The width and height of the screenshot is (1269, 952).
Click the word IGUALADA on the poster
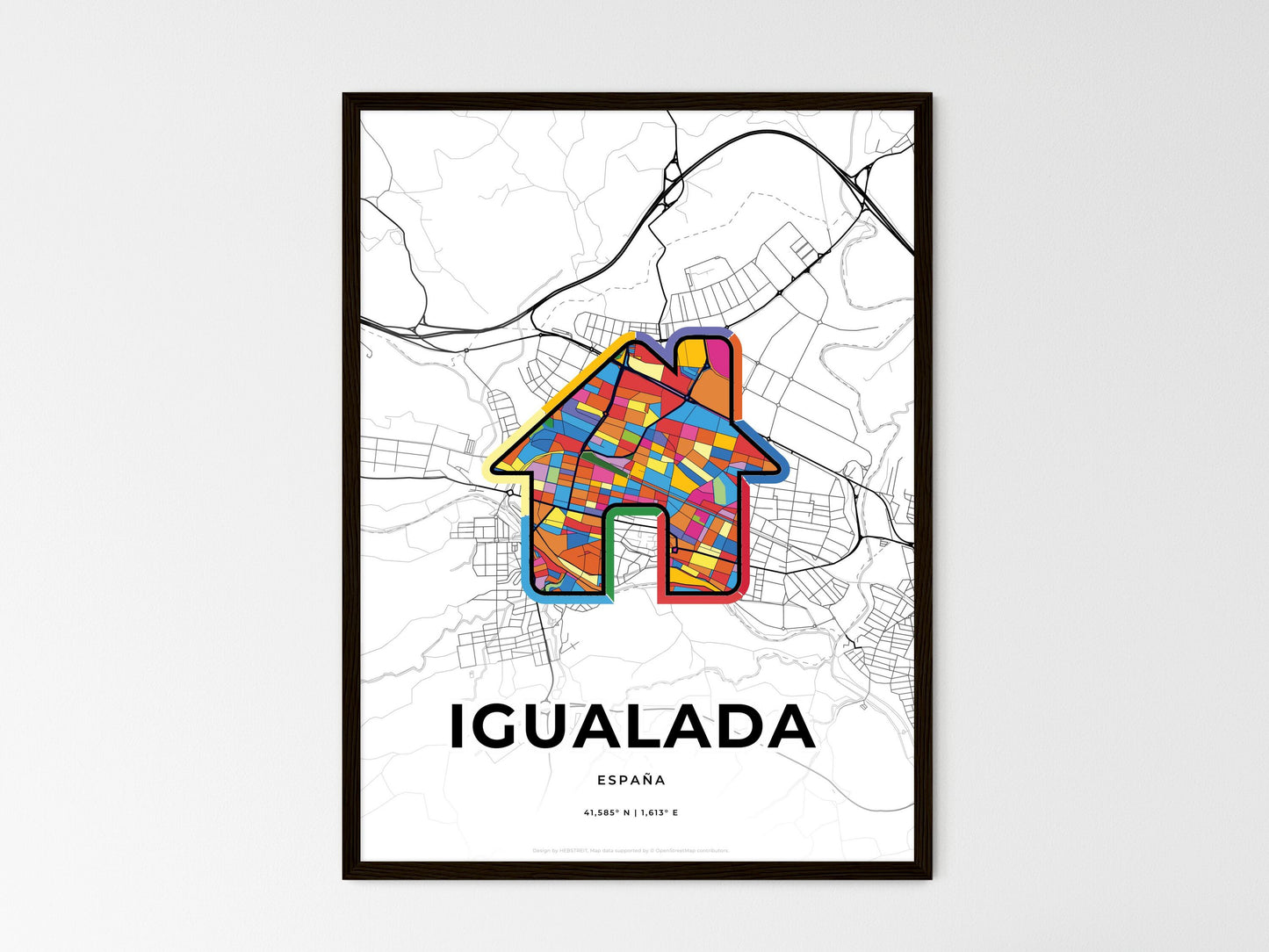click(x=631, y=727)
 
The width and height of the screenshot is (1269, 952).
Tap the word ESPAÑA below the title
click(x=631, y=780)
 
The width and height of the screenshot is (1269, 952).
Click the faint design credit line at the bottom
click(x=631, y=850)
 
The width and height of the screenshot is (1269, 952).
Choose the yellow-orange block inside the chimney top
click(x=695, y=351)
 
